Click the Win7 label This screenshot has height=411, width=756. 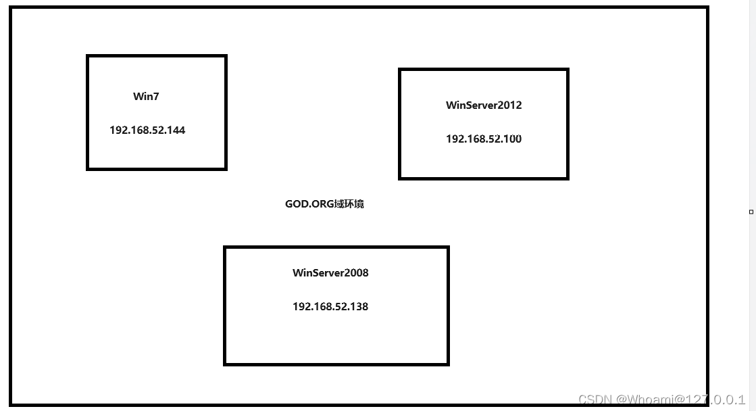146,96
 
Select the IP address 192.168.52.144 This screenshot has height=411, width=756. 147,130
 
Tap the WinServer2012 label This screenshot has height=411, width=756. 484,105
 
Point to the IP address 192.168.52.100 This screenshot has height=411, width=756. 484,139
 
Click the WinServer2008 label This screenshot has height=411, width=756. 330,273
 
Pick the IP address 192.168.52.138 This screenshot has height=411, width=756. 330,306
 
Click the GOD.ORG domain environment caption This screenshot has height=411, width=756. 324,203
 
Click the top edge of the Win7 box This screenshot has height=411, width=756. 157,56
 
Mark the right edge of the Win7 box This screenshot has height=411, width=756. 226,112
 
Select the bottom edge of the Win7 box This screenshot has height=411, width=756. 157,168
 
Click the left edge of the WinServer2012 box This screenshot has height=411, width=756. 400,124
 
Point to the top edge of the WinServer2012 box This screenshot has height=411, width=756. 484,69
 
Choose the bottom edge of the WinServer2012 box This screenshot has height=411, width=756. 484,178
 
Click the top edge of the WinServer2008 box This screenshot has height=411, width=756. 336,247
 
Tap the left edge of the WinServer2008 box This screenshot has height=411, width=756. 225,306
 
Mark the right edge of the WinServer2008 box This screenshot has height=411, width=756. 448,306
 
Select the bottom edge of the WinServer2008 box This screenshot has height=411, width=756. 336,364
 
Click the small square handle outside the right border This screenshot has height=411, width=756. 751,212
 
